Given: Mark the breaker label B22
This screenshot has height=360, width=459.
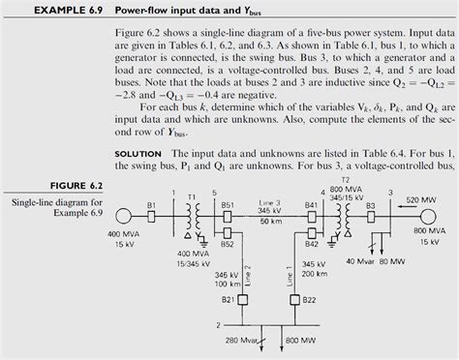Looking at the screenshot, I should [x=309, y=302].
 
